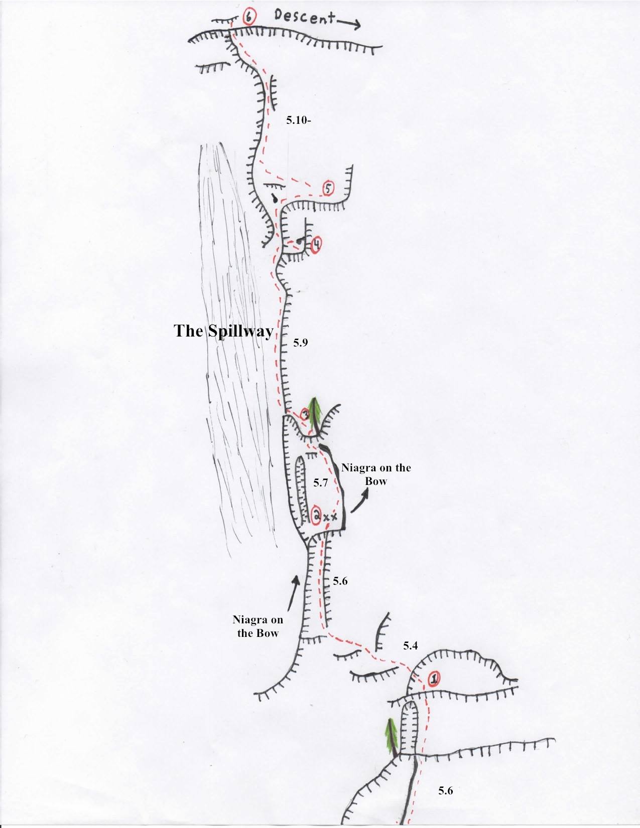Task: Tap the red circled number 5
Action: [x=328, y=189]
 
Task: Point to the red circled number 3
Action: [x=304, y=414]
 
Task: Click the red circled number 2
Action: [x=316, y=515]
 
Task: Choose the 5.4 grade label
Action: [x=410, y=645]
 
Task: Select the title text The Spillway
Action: [x=223, y=332]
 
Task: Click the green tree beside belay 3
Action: [x=315, y=414]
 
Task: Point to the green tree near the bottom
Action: [x=393, y=737]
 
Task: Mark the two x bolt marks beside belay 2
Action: [x=330, y=517]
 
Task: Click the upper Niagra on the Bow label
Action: [x=375, y=474]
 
